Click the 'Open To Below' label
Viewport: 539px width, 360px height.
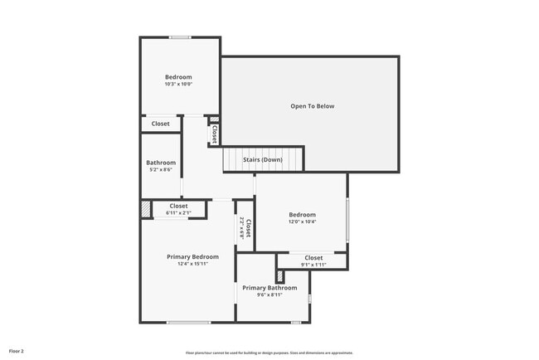pyautogui.click(x=312, y=106)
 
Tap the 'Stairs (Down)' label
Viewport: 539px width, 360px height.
pyautogui.click(x=262, y=159)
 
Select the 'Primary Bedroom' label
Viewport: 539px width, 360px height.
pyautogui.click(x=192, y=256)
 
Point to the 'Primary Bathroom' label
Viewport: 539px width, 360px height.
pyautogui.click(x=269, y=288)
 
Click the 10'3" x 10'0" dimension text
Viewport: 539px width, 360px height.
pyautogui.click(x=178, y=84)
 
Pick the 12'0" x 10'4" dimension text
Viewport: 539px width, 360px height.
pyautogui.click(x=302, y=221)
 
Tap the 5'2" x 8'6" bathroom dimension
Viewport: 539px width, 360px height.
pyautogui.click(x=161, y=170)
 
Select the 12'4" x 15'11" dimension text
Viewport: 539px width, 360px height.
pyautogui.click(x=192, y=264)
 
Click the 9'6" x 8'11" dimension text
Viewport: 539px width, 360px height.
pyautogui.click(x=269, y=294)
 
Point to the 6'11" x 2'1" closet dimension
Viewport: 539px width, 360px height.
pyautogui.click(x=178, y=213)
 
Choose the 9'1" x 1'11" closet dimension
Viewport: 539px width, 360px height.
pyautogui.click(x=313, y=265)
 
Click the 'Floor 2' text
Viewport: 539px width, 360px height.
pyautogui.click(x=17, y=352)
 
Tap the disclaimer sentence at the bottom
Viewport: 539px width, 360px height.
pyautogui.click(x=269, y=353)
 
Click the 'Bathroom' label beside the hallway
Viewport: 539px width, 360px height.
pyautogui.click(x=161, y=163)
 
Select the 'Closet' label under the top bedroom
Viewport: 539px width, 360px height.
pyautogui.click(x=160, y=124)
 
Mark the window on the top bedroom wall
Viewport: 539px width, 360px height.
pyautogui.click(x=180, y=36)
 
